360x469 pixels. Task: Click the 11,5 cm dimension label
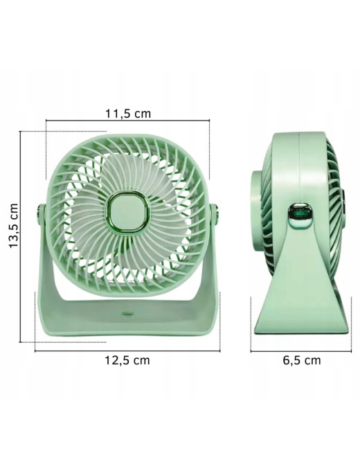(128, 114)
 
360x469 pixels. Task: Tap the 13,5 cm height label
(14, 226)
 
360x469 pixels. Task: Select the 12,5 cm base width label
(127, 360)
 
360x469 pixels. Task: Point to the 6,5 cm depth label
(302, 360)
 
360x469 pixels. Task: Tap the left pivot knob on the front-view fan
(40, 214)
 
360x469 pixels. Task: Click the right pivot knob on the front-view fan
(215, 214)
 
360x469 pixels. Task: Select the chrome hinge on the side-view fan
(300, 213)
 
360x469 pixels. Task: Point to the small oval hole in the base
(127, 314)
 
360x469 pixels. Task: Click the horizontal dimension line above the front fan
(127, 121)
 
